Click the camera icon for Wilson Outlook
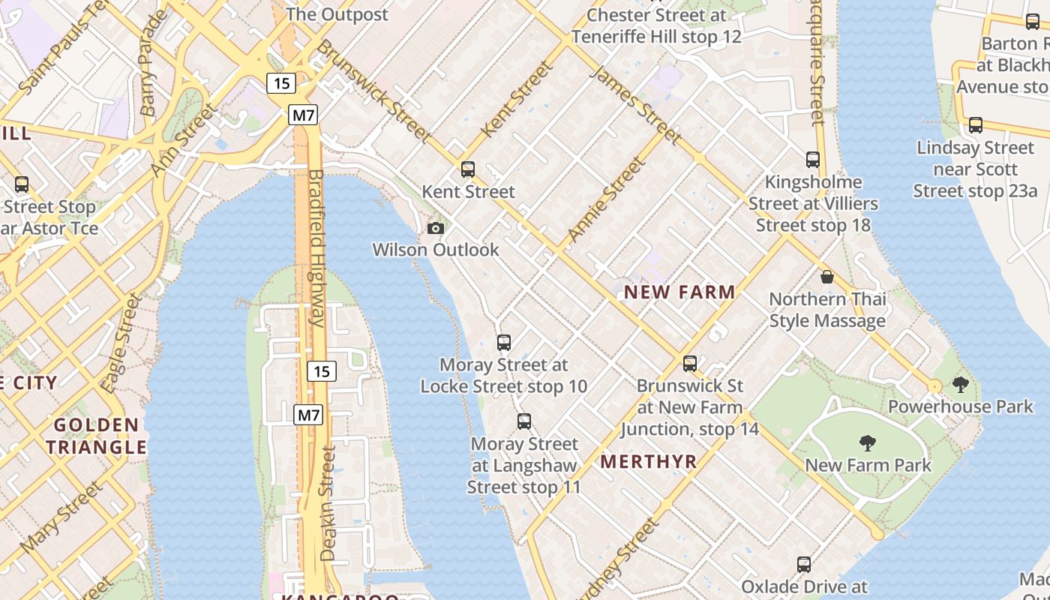435,228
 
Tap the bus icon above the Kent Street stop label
468,169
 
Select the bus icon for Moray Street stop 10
504,343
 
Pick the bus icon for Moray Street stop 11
524,421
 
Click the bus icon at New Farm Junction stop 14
690,364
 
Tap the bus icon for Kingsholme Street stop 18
813,160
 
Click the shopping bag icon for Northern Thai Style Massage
827,277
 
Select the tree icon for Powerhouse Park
960,385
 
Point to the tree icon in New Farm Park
868,443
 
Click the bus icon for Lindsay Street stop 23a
976,125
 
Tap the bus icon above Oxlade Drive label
804,564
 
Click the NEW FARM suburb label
679,292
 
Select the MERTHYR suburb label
649,461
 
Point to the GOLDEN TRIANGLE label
96,436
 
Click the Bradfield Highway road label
316,247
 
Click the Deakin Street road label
328,503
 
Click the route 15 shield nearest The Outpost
281,83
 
